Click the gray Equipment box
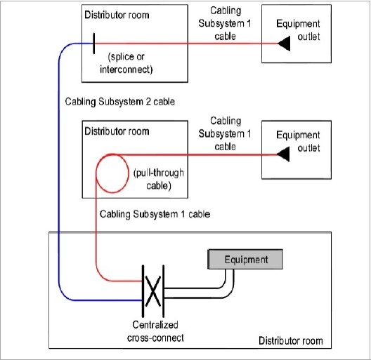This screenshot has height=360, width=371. click(245, 260)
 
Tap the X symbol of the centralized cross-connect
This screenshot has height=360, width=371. click(153, 291)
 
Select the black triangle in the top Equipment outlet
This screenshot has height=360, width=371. click(284, 44)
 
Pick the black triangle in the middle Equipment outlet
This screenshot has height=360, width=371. click(283, 154)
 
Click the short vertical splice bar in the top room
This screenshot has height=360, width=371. click(94, 44)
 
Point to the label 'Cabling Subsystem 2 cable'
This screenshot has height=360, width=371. click(120, 102)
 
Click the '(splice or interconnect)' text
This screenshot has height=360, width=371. click(126, 63)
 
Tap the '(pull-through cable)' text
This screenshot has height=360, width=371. click(159, 179)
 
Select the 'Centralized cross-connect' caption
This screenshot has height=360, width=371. click(155, 331)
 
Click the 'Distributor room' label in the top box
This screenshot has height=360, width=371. click(117, 15)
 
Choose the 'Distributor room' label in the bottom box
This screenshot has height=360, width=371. click(291, 340)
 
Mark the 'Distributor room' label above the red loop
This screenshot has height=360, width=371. click(117, 131)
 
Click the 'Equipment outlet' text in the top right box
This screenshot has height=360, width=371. click(298, 30)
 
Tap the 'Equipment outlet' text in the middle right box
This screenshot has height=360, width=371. click(298, 141)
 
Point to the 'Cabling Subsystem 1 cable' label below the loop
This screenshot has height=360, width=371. click(155, 214)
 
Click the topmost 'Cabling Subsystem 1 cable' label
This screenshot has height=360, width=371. click(225, 23)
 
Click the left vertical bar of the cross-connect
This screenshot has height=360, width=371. click(143, 291)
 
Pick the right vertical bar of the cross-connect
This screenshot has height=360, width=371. click(163, 291)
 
